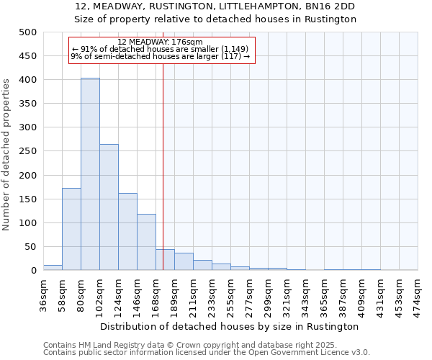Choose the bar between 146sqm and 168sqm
[x=146, y=242]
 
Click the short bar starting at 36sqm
[x=53, y=267]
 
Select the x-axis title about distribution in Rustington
[x=230, y=326]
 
